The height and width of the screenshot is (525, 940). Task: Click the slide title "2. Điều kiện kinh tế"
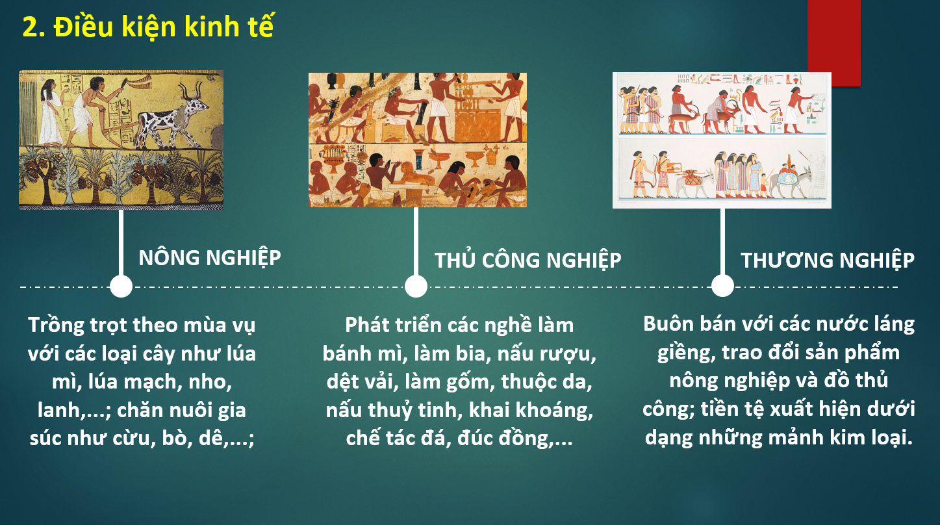[x=147, y=27]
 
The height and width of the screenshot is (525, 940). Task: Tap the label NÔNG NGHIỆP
[x=210, y=258]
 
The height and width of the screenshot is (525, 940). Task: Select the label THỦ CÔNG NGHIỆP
[x=528, y=260]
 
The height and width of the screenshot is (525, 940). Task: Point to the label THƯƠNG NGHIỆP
[x=828, y=260]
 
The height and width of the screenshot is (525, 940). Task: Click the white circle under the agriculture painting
[x=121, y=287]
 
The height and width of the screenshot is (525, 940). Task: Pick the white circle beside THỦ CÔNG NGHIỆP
[x=416, y=287]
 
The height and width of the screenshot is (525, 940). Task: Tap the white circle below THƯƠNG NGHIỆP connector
[x=722, y=286]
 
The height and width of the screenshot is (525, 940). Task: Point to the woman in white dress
[x=51, y=112]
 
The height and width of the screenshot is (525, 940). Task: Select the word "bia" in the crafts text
[x=474, y=353]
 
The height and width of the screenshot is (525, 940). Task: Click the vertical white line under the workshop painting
[x=416, y=241]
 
